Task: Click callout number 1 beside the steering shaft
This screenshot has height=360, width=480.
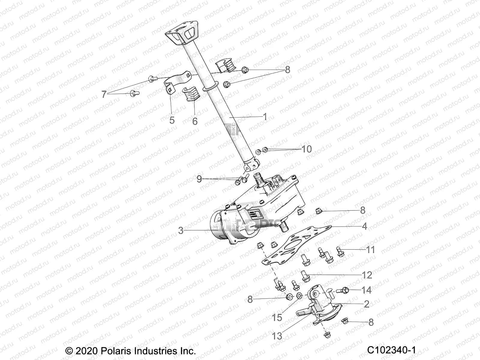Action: point(265,117)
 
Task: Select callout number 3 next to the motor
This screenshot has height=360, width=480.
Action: point(181,230)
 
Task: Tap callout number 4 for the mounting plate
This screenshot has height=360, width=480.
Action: point(364,226)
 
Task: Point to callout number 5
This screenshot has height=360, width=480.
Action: point(172,120)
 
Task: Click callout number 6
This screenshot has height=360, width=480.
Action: point(195,121)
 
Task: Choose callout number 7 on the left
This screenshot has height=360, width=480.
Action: point(104,95)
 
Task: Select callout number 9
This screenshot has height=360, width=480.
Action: point(199,179)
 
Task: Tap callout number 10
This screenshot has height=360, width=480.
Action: point(307,149)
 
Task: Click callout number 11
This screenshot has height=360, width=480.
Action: point(371,250)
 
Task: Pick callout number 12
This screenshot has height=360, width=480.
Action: point(367,275)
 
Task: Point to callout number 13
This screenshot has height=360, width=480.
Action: point(277,336)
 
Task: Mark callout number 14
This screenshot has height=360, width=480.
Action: point(367,290)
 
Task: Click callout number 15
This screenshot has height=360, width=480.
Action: point(277,317)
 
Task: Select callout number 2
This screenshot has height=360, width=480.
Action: point(367,304)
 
